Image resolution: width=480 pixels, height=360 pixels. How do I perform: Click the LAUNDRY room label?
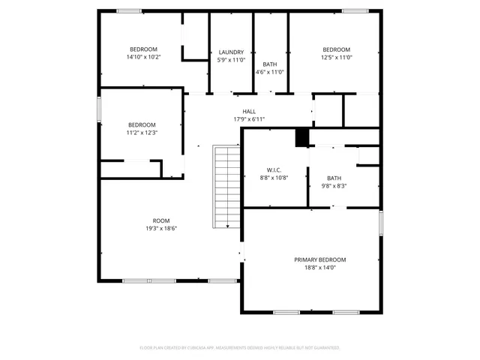click(x=231, y=52)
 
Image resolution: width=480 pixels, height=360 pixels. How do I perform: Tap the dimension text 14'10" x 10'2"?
click(x=144, y=57)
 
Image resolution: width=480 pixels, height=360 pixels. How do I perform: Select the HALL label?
click(x=249, y=111)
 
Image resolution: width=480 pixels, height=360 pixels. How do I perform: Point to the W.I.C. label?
click(x=274, y=169)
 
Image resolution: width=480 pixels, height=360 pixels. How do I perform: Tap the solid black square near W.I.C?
click(x=302, y=138)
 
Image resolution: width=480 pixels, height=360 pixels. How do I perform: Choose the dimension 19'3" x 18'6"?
click(x=161, y=229)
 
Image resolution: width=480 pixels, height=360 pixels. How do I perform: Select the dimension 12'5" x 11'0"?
click(x=336, y=57)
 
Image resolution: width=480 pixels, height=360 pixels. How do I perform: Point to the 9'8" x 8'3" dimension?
click(x=334, y=186)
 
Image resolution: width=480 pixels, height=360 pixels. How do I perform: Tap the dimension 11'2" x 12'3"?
click(x=142, y=133)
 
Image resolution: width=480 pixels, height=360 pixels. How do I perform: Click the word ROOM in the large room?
click(x=161, y=220)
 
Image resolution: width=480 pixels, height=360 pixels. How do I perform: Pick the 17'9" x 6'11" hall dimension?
click(x=249, y=119)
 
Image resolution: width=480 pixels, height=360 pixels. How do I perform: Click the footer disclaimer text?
click(x=240, y=348)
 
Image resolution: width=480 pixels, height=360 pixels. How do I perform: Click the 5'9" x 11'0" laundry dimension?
click(x=231, y=60)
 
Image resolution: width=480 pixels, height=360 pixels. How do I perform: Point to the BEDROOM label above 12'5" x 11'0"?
click(x=336, y=49)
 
